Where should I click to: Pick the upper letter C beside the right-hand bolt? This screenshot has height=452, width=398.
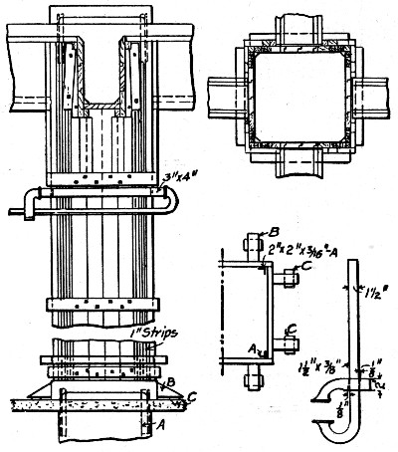[x=305, y=267]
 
